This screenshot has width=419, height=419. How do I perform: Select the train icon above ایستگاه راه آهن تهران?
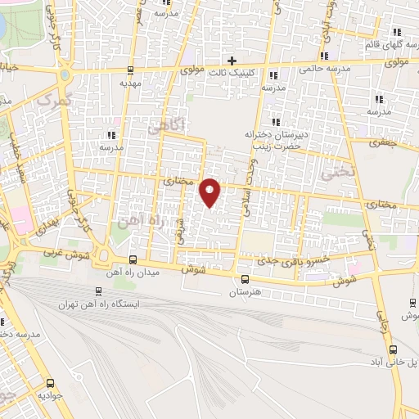[x=98, y=291]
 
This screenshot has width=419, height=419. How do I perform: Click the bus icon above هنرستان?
[x=245, y=279]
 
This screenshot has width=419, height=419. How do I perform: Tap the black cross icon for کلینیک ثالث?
[x=233, y=60]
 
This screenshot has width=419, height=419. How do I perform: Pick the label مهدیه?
[x=131, y=83]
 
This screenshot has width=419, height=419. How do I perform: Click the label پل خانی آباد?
[x=391, y=361]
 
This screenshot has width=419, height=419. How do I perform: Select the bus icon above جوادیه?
[x=51, y=382]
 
